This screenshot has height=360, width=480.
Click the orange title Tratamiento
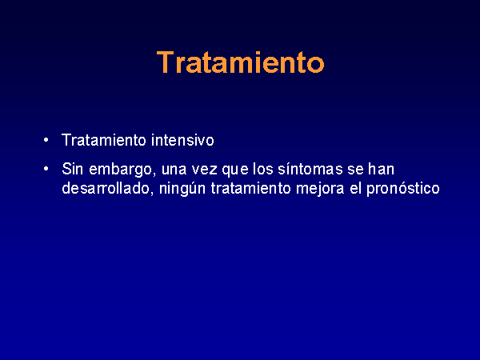point(240,62)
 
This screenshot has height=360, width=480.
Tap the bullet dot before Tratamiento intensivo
point(46,140)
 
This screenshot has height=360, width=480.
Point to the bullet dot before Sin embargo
point(46,169)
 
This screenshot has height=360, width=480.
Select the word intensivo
point(182,140)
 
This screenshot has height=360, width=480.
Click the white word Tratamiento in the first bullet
point(104,140)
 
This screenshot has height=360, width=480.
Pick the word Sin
point(72,169)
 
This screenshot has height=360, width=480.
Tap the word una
point(174,170)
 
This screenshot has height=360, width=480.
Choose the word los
point(262,169)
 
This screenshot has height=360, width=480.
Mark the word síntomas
point(310,169)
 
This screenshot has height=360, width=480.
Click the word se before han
point(355,170)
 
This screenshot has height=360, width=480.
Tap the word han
point(381,169)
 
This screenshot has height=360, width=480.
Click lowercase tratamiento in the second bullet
point(250,188)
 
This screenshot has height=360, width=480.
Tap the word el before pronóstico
point(355,188)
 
